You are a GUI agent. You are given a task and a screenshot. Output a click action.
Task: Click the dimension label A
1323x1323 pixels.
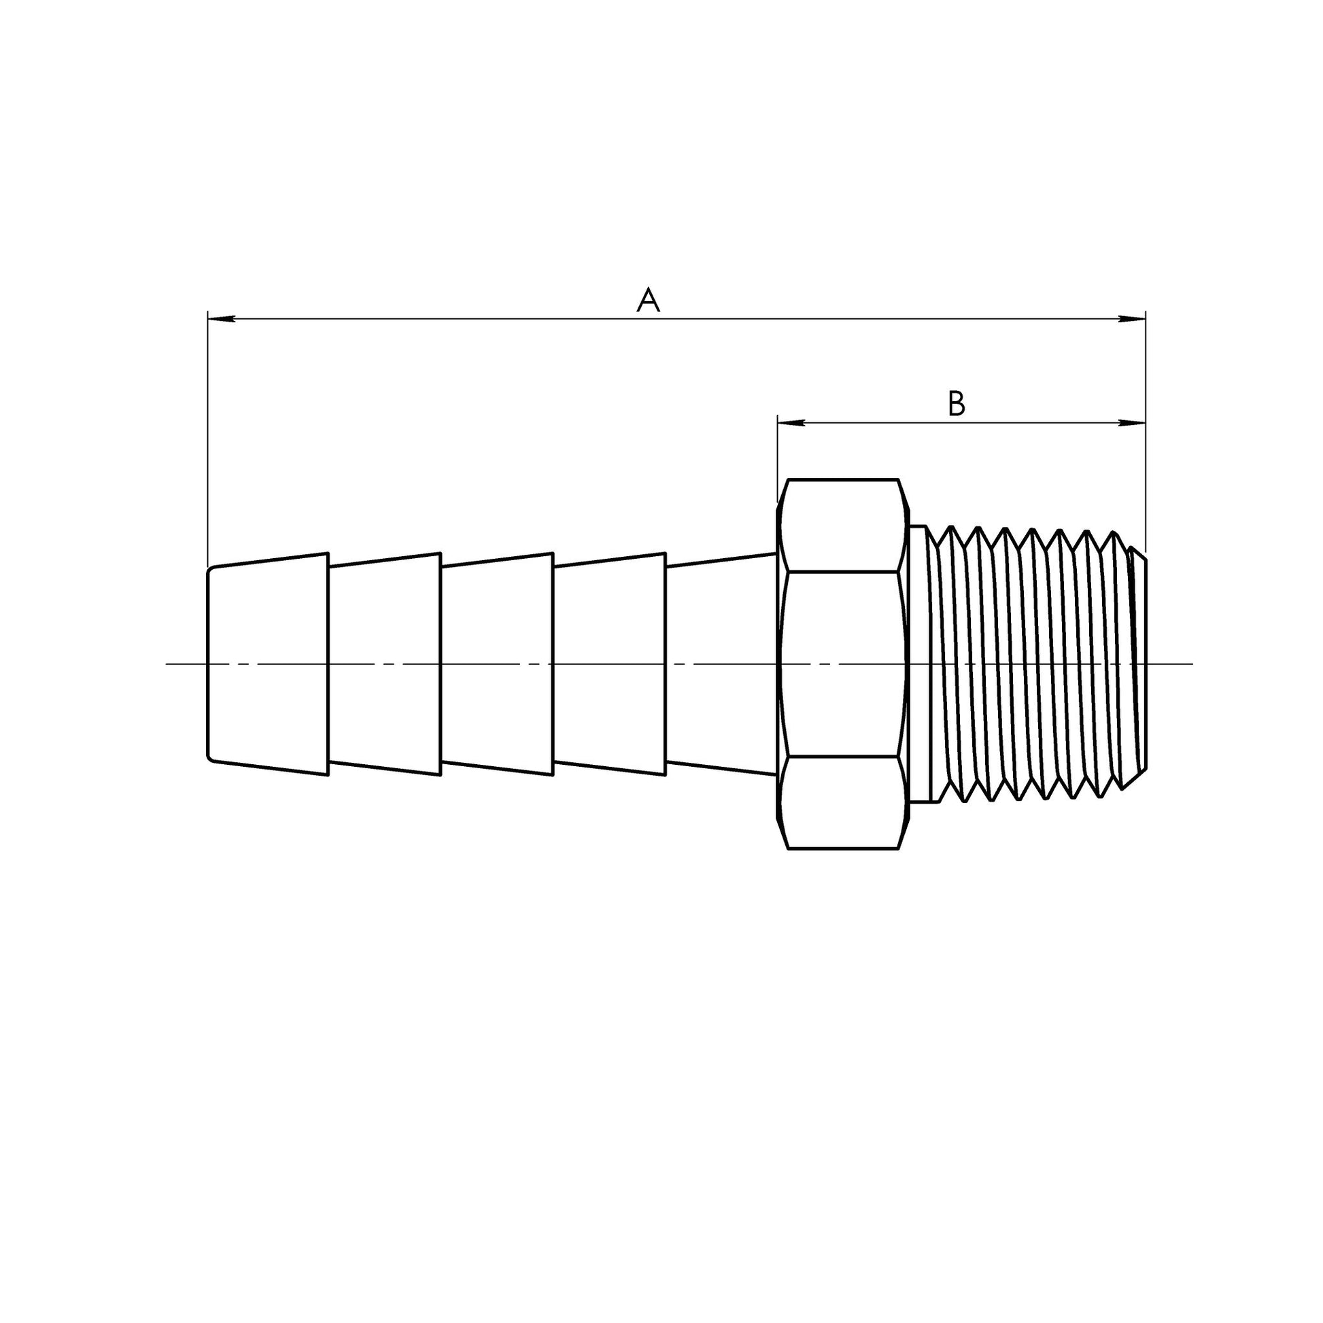click(x=648, y=300)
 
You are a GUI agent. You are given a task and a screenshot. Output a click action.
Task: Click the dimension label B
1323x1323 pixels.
click(x=957, y=404)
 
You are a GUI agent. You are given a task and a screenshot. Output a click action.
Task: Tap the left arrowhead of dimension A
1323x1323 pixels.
click(x=221, y=318)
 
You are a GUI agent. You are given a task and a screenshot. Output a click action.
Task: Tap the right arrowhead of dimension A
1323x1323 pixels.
click(x=1131, y=318)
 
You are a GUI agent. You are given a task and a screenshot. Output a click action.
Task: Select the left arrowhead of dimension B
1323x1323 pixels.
click(x=791, y=423)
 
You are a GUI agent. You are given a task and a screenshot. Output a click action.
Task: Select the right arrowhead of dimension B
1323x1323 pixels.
click(x=1131, y=423)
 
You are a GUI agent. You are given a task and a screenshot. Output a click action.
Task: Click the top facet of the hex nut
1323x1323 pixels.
click(x=843, y=526)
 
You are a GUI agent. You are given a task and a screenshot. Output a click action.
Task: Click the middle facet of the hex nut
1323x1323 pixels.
click(x=843, y=664)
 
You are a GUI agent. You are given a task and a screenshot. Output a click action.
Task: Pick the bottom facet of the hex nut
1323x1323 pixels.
click(x=843, y=802)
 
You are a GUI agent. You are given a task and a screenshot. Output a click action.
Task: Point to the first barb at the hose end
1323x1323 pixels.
click(x=269, y=664)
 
